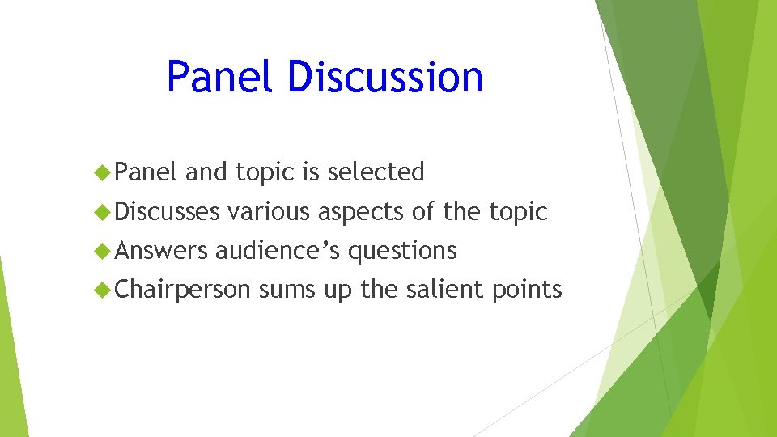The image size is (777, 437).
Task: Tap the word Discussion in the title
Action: (x=384, y=77)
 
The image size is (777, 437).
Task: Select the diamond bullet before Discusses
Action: (x=103, y=212)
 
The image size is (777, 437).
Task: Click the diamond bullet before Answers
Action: (x=103, y=251)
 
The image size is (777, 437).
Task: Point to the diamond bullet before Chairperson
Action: (x=103, y=290)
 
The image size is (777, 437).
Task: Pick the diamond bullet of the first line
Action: (x=103, y=172)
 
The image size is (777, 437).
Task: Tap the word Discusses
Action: (x=168, y=212)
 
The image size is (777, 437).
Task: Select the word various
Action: (x=268, y=212)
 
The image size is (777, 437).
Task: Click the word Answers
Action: (x=161, y=251)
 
